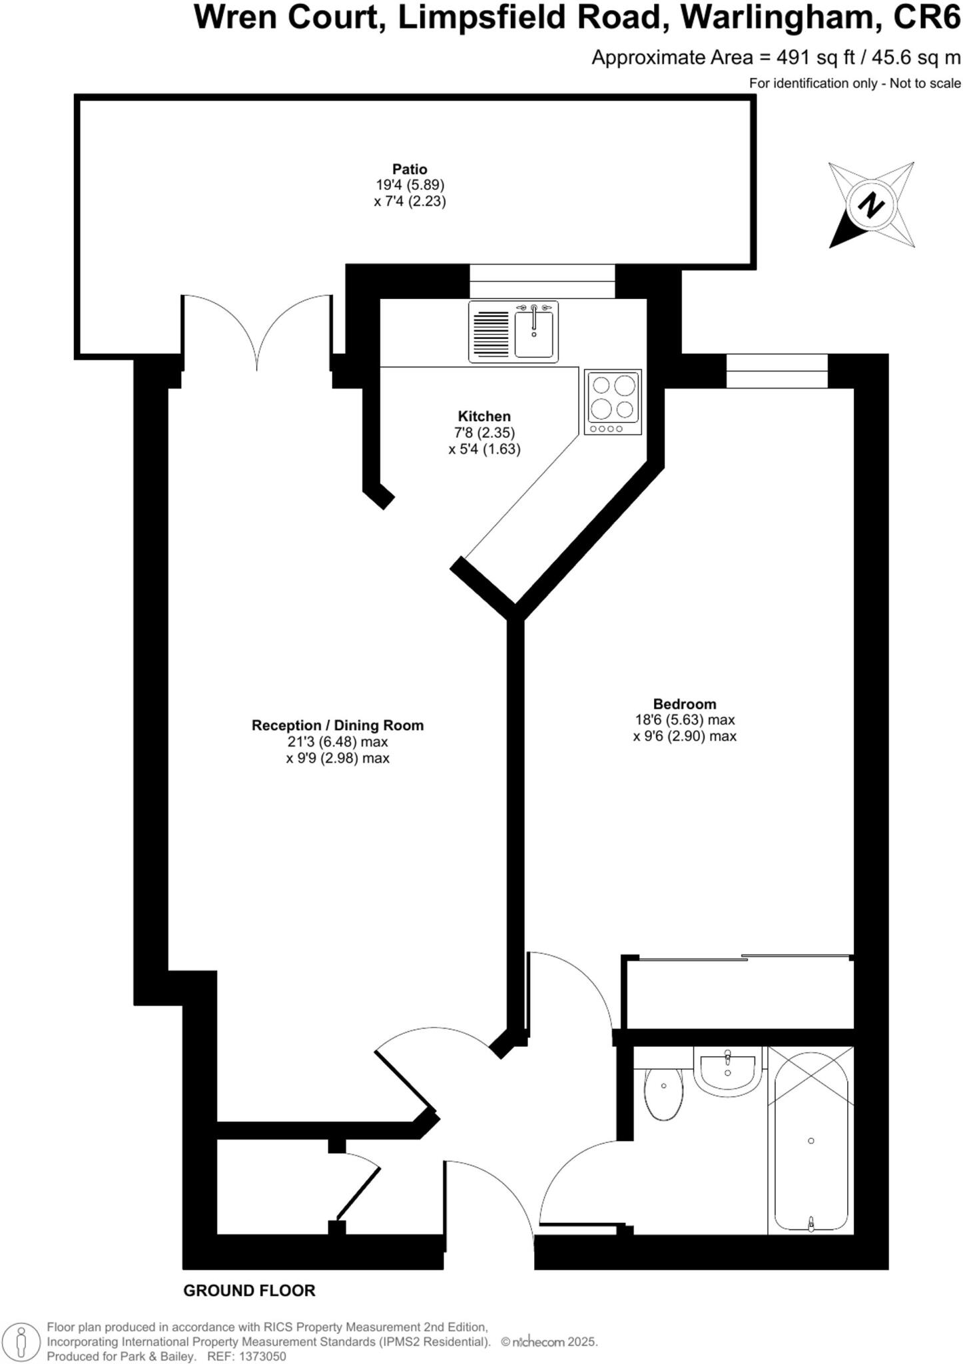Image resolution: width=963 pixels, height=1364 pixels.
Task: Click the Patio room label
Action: click(409, 169)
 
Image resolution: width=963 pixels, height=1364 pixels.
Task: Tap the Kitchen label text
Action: click(484, 417)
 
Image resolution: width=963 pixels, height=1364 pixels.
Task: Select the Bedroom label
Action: click(685, 704)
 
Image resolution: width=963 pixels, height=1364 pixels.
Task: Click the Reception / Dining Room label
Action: click(337, 725)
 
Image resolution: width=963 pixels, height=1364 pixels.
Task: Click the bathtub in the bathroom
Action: click(810, 1140)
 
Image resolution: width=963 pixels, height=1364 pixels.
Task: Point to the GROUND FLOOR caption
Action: click(249, 1291)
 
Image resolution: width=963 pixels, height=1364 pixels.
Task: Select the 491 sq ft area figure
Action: click(815, 58)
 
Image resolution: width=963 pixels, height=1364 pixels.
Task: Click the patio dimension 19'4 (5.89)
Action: click(410, 185)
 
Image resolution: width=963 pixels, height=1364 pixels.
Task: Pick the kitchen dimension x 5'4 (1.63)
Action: click(484, 449)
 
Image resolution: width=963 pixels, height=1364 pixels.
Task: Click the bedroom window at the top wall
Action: click(777, 371)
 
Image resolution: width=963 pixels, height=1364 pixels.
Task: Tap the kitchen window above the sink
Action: click(542, 281)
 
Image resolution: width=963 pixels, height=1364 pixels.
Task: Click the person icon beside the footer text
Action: click(22, 1341)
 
